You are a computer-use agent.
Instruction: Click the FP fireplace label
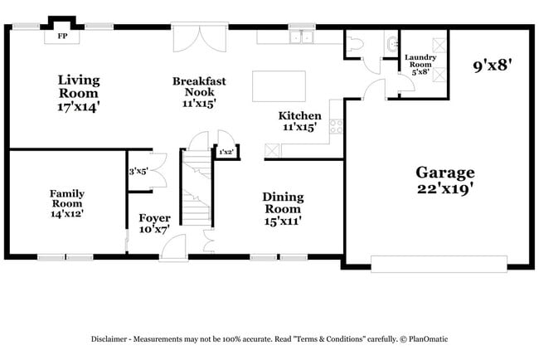pos(62,36)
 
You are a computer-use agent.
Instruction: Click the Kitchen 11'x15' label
pos(300,121)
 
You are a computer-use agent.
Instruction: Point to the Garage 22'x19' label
pos(445,180)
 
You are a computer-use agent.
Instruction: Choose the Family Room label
pos(67,203)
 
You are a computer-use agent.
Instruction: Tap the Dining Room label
pos(283,209)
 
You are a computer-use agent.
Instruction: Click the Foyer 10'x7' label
pos(154,224)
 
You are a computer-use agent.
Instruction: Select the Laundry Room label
pos(419,64)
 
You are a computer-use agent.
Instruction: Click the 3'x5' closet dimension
pos(138,172)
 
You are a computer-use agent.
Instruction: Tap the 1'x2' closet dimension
pos(226,152)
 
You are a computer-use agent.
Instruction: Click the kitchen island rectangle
pos(278,85)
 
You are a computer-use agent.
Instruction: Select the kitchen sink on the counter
pos(300,36)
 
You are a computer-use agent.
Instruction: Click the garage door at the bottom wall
pos(438,264)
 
